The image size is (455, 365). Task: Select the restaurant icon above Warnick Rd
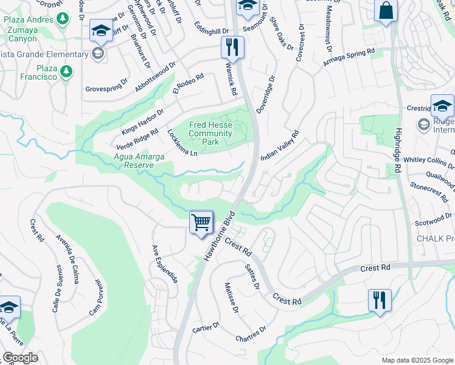pyautogui.click(x=232, y=46)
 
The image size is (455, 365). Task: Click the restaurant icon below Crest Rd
pyautogui.click(x=378, y=300)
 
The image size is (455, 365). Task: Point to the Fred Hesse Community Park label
pyautogui.click(x=212, y=133)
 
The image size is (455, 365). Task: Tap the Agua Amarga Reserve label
pyautogui.click(x=139, y=161)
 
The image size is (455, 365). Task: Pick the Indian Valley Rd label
pyautogui.click(x=280, y=145)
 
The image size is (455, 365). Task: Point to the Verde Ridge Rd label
pyautogui.click(x=137, y=139)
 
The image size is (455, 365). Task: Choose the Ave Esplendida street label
pyautogui.click(x=164, y=264)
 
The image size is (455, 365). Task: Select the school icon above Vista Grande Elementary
pyautogui.click(x=100, y=30)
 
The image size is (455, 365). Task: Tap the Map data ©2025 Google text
pyautogui.click(x=417, y=360)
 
